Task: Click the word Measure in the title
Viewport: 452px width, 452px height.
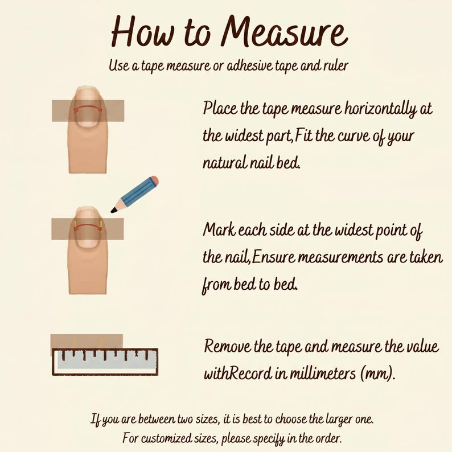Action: tap(284, 32)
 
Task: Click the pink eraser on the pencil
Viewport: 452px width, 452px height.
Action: tap(154, 180)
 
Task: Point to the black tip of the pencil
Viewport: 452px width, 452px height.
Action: tap(114, 211)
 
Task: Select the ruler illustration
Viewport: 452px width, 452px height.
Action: tap(105, 362)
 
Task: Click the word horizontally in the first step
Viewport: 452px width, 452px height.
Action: tap(380, 109)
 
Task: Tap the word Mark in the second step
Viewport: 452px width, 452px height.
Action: tap(219, 230)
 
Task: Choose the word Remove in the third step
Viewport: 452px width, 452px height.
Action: tap(228, 346)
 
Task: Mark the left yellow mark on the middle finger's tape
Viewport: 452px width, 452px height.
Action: tap(75, 224)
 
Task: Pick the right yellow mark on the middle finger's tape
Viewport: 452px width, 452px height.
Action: tap(101, 224)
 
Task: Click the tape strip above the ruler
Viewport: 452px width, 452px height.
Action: tap(87, 342)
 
